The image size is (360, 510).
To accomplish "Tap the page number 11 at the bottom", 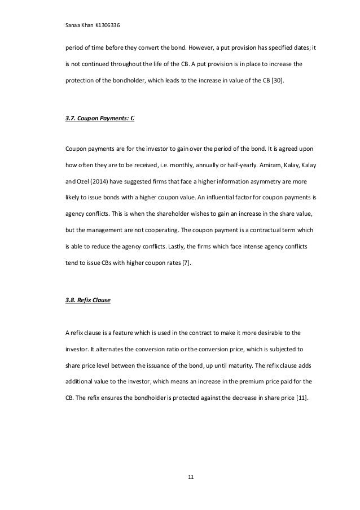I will (x=190, y=478).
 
